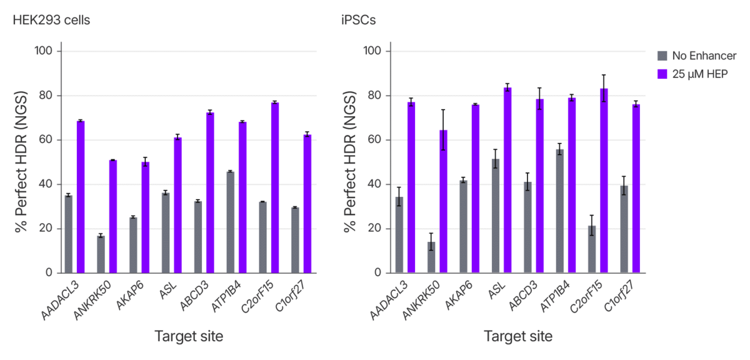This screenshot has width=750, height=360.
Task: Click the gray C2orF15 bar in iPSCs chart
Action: pyautogui.click(x=592, y=249)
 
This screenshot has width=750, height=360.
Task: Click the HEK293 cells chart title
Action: pyautogui.click(x=51, y=20)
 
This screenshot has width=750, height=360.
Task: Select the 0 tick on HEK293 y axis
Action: pyautogui.click(x=50, y=273)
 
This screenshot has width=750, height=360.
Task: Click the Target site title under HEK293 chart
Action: pyautogui.click(x=189, y=337)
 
